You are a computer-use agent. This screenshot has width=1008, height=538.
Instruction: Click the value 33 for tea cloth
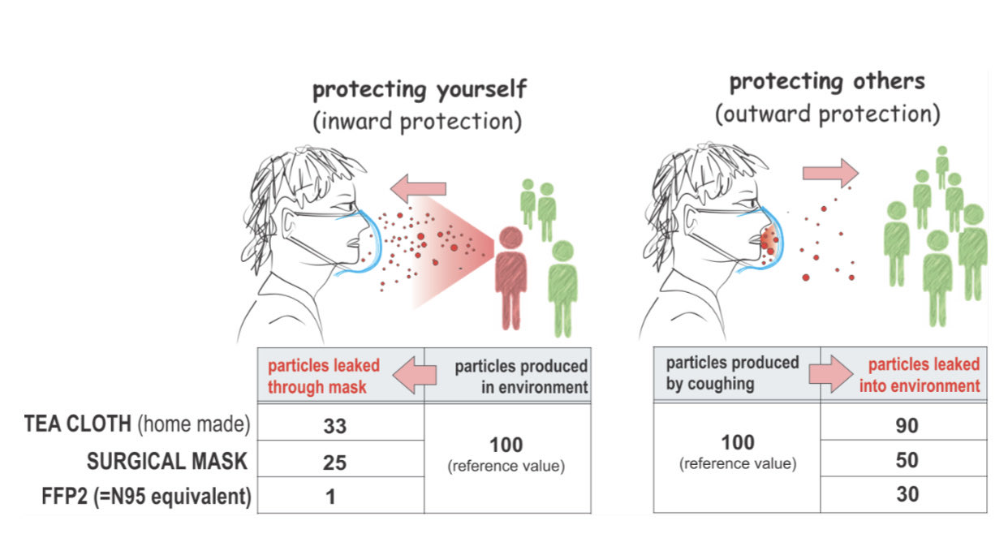tap(335, 426)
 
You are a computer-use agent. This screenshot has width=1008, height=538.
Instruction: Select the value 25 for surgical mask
tap(334, 463)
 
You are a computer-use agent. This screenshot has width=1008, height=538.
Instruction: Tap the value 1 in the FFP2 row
tap(331, 497)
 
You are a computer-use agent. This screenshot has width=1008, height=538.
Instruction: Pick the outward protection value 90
tap(907, 425)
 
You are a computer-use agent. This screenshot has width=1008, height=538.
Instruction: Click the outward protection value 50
tap(907, 460)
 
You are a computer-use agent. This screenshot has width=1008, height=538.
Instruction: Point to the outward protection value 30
tap(907, 494)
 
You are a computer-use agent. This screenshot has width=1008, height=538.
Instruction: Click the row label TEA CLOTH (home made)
tap(137, 424)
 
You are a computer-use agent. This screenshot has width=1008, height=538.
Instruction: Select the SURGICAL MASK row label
tap(167, 461)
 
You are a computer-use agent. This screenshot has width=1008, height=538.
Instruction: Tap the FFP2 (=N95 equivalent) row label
tap(146, 497)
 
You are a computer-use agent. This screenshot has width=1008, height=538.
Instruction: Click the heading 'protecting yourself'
tap(420, 89)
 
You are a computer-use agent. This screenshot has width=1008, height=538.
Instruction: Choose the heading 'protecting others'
tap(827, 82)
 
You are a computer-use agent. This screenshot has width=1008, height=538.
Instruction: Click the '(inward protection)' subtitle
tap(418, 121)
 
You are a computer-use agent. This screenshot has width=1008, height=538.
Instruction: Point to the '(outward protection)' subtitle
tap(828, 114)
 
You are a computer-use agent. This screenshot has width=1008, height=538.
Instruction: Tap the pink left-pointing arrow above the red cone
tap(418, 188)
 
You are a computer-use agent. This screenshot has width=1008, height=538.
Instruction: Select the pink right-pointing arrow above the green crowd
tap(831, 173)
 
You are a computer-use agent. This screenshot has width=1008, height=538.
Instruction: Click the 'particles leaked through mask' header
tap(324, 376)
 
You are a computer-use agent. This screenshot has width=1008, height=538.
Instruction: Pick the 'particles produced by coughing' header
tap(733, 373)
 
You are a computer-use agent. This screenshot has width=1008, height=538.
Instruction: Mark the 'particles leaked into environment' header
tap(920, 375)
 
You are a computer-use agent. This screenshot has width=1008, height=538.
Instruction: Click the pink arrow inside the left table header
tap(415, 375)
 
